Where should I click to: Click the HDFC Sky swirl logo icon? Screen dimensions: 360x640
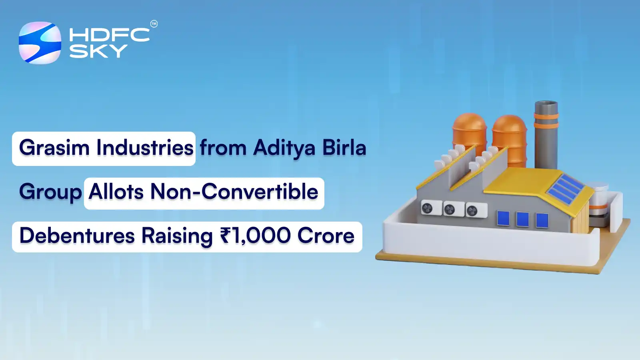[40, 43]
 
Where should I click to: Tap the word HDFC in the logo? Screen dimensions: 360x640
[109, 35]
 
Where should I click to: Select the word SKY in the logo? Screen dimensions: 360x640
[98, 51]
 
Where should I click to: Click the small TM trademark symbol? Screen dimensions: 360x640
[154, 24]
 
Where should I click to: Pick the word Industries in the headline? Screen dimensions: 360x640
[145, 148]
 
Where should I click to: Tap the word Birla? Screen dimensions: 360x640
[344, 148]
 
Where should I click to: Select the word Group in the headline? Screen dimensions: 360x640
[50, 192]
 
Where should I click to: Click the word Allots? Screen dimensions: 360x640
[116, 192]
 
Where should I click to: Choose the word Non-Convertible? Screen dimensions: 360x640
[234, 192]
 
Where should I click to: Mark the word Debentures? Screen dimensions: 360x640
[77, 236]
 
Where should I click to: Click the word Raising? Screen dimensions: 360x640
[177, 236]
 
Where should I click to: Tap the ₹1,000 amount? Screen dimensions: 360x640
[255, 236]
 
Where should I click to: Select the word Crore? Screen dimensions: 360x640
[326, 236]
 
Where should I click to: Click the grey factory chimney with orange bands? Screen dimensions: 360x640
[546, 134]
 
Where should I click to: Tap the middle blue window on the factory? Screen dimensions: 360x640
[522, 220]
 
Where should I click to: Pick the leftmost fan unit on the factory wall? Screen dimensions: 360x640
[428, 208]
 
